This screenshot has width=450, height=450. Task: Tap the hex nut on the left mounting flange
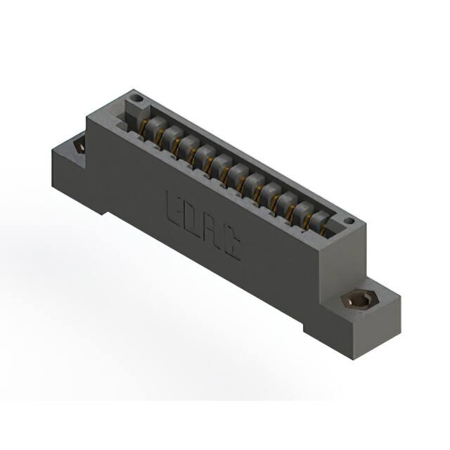tap(78, 147)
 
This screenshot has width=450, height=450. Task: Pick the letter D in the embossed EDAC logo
tap(191, 217)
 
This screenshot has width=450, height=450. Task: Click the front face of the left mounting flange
tap(70, 176)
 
